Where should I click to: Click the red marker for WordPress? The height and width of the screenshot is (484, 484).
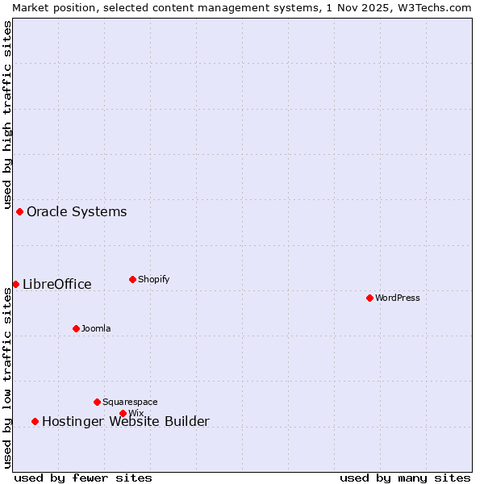click(369, 298)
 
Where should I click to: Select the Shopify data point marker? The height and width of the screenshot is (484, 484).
click(132, 279)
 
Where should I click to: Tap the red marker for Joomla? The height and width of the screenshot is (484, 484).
click(76, 328)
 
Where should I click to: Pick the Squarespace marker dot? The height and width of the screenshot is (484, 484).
click(97, 402)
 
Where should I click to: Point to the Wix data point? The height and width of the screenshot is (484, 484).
click(123, 413)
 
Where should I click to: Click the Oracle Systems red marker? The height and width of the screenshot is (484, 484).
click(19, 211)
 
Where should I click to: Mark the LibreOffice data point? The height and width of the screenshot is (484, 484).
click(15, 284)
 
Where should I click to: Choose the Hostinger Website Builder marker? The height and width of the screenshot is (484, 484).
click(35, 421)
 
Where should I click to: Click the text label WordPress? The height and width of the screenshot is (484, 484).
click(398, 298)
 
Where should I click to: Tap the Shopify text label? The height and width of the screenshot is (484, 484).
click(154, 279)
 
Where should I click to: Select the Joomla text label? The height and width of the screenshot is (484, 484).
click(96, 328)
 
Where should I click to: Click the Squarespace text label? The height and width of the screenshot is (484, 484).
click(130, 402)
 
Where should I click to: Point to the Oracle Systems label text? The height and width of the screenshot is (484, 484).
click(77, 212)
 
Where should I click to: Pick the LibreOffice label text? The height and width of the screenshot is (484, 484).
click(57, 284)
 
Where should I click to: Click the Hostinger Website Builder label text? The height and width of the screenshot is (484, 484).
click(126, 421)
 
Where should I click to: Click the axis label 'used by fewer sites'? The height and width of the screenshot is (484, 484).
click(83, 478)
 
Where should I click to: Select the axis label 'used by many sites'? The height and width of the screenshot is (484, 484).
click(405, 478)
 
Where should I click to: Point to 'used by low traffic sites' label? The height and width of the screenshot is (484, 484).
click(7, 378)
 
